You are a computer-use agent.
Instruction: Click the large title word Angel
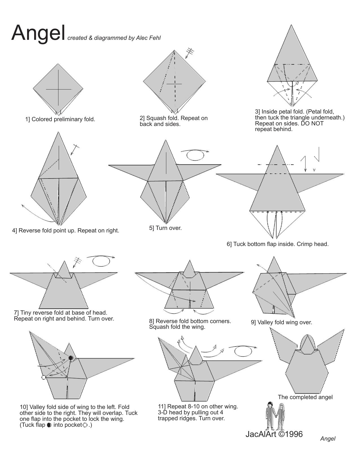(x=38, y=33)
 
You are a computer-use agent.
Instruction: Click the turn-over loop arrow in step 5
(x=195, y=154)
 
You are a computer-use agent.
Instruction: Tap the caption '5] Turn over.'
(x=165, y=228)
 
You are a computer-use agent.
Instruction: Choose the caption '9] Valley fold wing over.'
(x=281, y=322)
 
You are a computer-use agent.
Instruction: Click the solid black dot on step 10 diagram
(x=71, y=358)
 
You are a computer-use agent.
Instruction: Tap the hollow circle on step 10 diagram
(x=43, y=377)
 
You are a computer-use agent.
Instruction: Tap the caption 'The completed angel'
(x=305, y=397)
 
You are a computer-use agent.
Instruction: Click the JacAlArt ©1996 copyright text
(x=274, y=434)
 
